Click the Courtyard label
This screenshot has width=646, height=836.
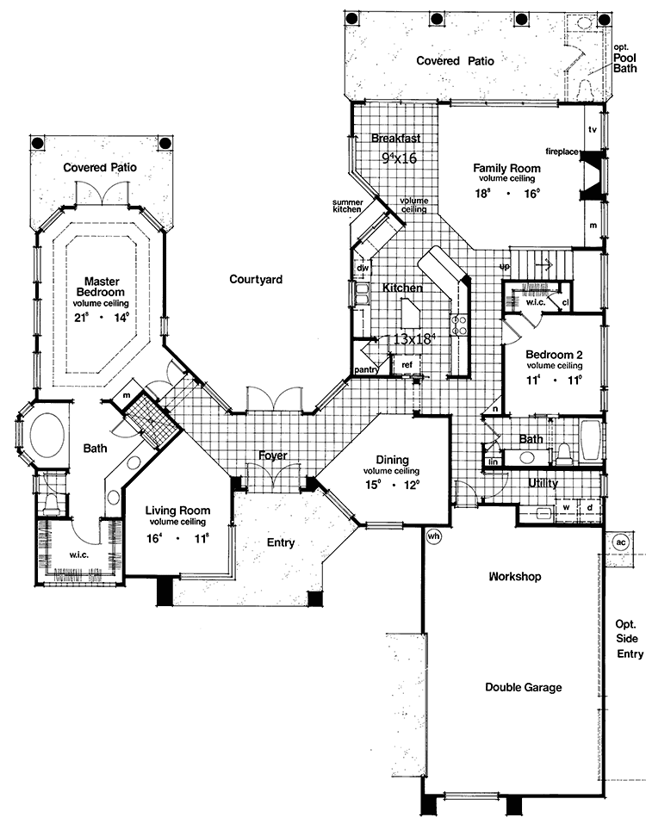pos(256,279)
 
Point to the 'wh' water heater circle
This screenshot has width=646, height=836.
pos(432,535)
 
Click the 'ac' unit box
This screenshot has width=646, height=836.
pos(621,542)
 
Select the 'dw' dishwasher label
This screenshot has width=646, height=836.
pos(363,268)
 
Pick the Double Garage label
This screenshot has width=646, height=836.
pos(523,687)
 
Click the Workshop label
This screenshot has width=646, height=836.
pos(514,576)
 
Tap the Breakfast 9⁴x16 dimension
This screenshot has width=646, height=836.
pos(399,158)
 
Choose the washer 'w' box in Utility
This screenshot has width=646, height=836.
pos(566,507)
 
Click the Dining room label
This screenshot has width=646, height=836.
pos(391,460)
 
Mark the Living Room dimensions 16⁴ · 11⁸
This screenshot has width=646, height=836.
pos(178,541)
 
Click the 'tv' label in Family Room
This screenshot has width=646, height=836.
pos(593,129)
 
